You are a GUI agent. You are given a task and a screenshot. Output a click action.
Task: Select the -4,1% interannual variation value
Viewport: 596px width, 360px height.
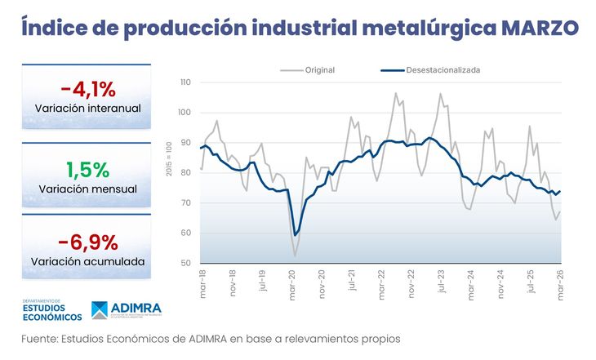(88, 89)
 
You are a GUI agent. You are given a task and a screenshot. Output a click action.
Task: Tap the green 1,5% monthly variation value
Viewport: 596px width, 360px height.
(87, 169)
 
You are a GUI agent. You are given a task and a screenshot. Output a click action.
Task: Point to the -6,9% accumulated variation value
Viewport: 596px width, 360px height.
(88, 242)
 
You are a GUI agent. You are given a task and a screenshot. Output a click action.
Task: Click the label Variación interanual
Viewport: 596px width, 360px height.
(88, 109)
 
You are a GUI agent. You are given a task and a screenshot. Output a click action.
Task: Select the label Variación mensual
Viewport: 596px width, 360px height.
(87, 189)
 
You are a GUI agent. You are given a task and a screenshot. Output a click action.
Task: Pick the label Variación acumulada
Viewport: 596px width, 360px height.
(88, 262)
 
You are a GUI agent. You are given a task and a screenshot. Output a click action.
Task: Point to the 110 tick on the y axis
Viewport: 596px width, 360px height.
(185, 82)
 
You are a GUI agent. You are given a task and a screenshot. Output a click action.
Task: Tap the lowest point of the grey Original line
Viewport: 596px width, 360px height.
(295, 256)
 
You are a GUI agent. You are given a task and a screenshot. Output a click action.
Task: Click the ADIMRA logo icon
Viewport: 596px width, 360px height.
(99, 310)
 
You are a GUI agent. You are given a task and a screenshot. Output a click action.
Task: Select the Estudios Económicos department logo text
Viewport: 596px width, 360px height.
(52, 311)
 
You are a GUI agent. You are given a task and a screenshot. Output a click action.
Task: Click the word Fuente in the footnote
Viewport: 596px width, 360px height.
(38, 338)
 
